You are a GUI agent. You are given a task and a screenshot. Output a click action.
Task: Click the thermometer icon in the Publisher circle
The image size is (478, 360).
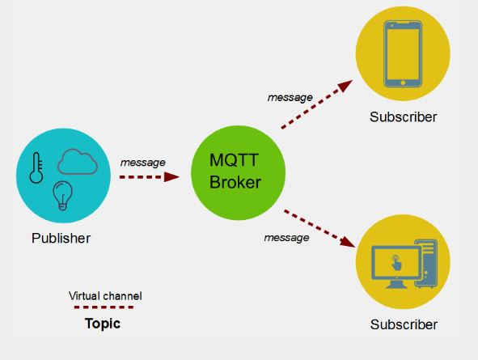pyautogui.click(x=36, y=168)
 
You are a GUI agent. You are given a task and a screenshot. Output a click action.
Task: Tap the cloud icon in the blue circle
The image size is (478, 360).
pyautogui.click(x=78, y=162)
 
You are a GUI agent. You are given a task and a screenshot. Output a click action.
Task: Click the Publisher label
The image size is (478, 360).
pyautogui.click(x=61, y=238)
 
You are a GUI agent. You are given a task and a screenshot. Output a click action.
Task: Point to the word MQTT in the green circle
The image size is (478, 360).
pyautogui.click(x=234, y=159)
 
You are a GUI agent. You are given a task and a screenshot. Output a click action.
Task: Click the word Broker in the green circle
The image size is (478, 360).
pyautogui.click(x=235, y=182)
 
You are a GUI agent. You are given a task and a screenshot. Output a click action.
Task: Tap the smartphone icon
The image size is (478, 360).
pyautogui.click(x=403, y=54)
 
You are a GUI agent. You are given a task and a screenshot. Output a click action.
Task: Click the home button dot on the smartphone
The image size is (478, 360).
pyautogui.click(x=403, y=83)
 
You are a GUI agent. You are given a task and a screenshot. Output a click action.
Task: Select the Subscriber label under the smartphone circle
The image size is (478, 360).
pyautogui.click(x=403, y=117)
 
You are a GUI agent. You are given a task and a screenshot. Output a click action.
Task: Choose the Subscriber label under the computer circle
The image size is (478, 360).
pyautogui.click(x=404, y=324)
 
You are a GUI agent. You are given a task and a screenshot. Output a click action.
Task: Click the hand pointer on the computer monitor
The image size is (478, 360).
pyautogui.click(x=396, y=262)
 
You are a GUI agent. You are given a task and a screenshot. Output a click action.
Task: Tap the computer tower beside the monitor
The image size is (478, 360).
pyautogui.click(x=427, y=264)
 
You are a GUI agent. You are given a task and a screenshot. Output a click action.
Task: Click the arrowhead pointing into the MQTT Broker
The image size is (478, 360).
pyautogui.click(x=171, y=177)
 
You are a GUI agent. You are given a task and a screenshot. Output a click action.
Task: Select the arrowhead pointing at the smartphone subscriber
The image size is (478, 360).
pyautogui.click(x=345, y=85)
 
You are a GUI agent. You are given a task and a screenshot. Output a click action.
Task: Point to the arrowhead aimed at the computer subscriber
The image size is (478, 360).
pyautogui.click(x=348, y=242)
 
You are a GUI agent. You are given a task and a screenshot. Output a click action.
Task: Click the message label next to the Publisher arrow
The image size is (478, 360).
pyautogui.click(x=142, y=163)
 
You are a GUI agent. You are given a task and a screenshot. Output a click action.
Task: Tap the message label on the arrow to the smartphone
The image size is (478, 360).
pyautogui.click(x=290, y=98)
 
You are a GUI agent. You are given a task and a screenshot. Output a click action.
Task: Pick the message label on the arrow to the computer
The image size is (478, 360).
pyautogui.click(x=286, y=238)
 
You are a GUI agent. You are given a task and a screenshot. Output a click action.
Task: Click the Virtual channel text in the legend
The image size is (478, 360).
pyautogui.click(x=105, y=296)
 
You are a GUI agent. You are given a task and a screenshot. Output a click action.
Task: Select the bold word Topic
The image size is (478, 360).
pyautogui.click(x=103, y=324)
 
